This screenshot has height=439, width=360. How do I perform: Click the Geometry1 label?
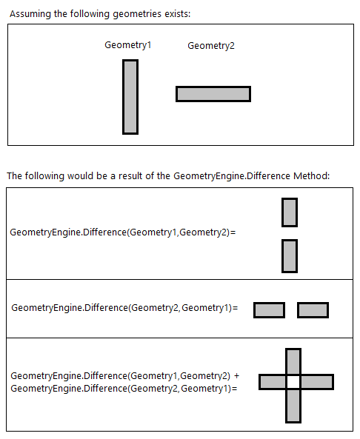(127, 45)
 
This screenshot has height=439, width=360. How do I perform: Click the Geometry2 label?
(211, 46)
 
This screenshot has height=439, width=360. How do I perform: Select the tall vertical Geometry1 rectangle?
(130, 97)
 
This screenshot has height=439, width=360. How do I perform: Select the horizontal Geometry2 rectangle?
(213, 94)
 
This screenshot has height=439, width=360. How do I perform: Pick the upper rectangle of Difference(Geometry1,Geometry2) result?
(290, 212)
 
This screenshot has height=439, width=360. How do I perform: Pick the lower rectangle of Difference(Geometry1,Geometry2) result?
(290, 256)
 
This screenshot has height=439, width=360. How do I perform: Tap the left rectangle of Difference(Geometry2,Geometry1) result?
(269, 310)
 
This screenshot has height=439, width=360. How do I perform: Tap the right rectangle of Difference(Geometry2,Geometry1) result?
(313, 310)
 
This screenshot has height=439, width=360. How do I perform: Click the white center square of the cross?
(293, 382)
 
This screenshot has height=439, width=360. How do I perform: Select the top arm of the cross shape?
(293, 361)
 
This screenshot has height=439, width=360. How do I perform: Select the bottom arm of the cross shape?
(293, 406)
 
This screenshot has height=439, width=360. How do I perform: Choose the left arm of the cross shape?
(272, 382)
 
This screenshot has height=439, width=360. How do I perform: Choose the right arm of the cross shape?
(317, 382)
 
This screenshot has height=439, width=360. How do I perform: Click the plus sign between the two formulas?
(236, 376)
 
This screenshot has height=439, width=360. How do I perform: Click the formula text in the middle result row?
(124, 307)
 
